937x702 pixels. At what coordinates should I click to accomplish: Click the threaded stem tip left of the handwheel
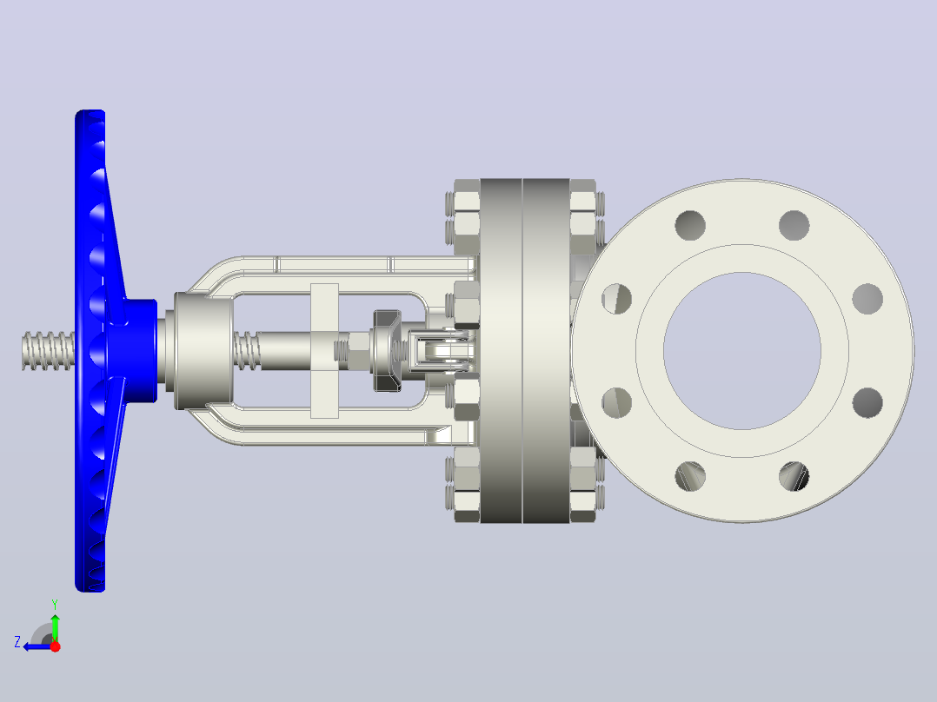point(48,351)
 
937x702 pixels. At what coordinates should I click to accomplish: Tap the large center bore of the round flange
point(741,351)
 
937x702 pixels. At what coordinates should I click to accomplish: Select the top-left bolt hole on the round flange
point(690,225)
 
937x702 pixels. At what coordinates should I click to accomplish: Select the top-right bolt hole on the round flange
point(794,225)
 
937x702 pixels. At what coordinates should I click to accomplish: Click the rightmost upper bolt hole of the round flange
point(867,299)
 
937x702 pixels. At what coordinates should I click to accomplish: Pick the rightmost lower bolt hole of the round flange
point(867,402)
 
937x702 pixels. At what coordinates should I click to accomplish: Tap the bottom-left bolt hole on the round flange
point(690,476)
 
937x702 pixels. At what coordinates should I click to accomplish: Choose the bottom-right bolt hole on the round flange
point(794,476)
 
